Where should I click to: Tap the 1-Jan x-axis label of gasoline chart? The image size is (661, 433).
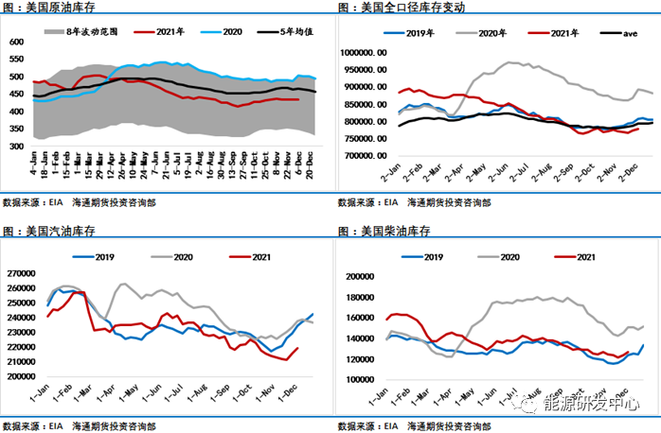point(45,390)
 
